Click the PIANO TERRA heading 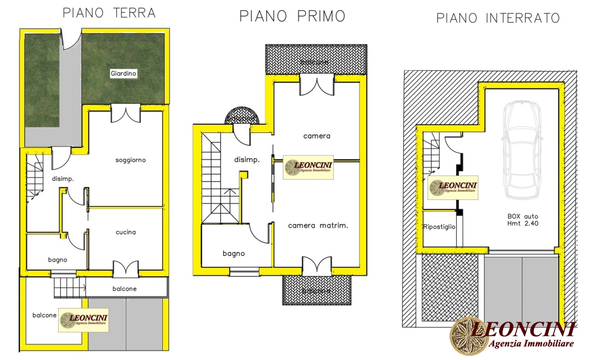(109, 13)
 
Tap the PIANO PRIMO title (292, 16)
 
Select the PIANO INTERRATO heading (498, 19)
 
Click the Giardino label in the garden (124, 74)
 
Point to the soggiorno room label (130, 160)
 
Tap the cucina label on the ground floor (126, 232)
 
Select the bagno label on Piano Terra (58, 260)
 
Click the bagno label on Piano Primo (233, 253)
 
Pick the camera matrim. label (318, 226)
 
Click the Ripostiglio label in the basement (439, 227)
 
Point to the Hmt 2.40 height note (523, 223)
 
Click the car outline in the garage (521, 149)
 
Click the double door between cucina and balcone (125, 269)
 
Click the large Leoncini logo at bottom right (513, 336)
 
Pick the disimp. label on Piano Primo (247, 160)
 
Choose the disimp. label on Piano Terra (63, 178)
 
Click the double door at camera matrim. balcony (317, 265)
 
